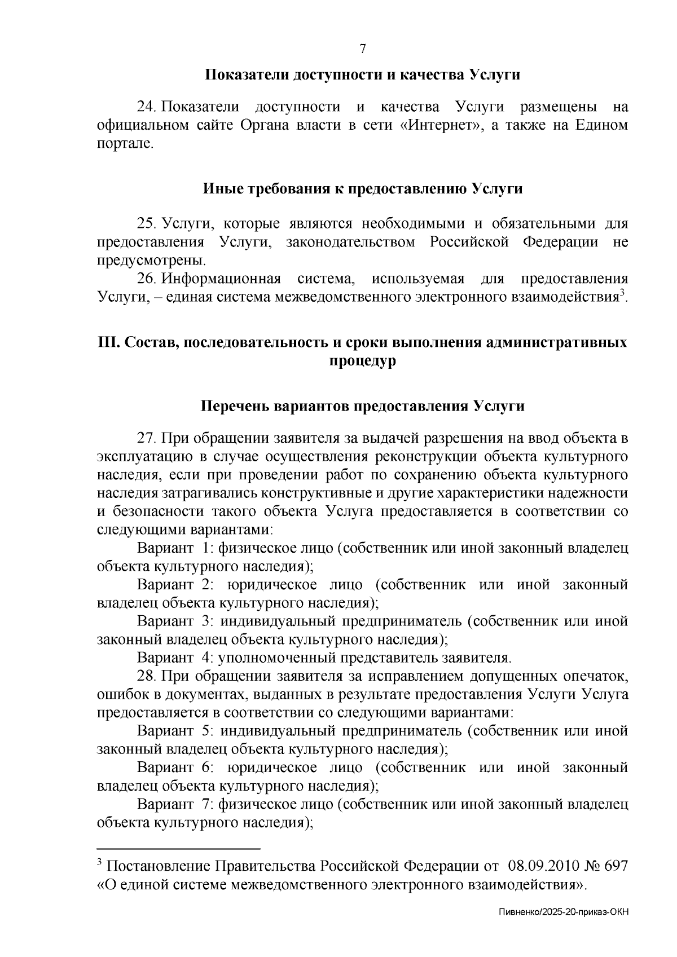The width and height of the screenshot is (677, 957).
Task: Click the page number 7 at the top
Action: click(x=363, y=49)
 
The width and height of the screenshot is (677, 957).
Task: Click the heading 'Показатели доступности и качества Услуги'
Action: click(x=362, y=74)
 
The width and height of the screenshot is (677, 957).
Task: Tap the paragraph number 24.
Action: click(x=146, y=107)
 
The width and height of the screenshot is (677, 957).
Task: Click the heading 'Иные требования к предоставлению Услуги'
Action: click(x=362, y=189)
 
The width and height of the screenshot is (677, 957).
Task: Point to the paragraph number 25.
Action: click(x=146, y=223)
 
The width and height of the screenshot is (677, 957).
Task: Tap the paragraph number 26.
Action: click(x=146, y=279)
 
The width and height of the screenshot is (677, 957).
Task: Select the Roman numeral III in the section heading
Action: click(x=106, y=342)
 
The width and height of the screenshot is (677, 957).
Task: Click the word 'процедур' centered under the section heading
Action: click(x=362, y=361)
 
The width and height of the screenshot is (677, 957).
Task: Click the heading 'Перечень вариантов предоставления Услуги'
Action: click(x=362, y=406)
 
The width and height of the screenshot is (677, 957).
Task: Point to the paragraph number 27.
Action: click(x=146, y=438)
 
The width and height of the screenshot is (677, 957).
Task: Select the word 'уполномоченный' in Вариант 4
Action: click(x=264, y=658)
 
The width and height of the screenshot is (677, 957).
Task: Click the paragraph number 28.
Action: click(x=146, y=676)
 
